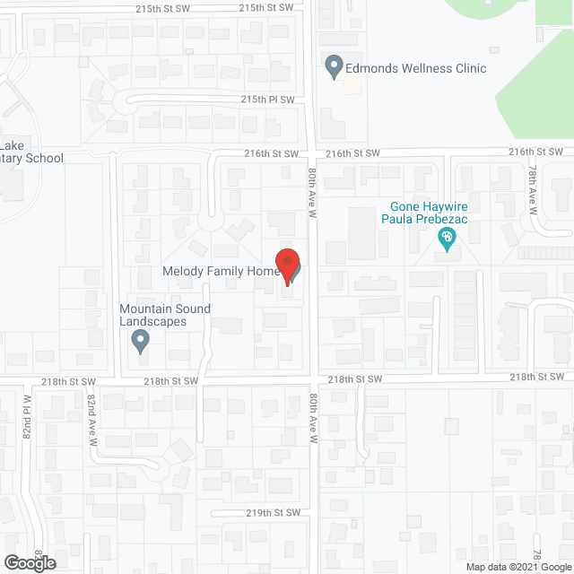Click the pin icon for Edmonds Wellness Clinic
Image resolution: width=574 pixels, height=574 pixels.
coord(334,67)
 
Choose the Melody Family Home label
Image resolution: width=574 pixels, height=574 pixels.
coord(220,271)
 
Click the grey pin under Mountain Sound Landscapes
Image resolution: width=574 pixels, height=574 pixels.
coord(139,341)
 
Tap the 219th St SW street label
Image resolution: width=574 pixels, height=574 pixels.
coord(272,512)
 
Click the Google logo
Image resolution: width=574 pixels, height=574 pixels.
coord(29,563)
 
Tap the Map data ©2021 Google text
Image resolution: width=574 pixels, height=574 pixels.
coord(518,566)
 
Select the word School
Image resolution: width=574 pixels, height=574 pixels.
coord(45,159)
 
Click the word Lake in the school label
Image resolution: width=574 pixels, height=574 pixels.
coord(13,146)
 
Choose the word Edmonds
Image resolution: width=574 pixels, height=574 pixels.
coord(371,68)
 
